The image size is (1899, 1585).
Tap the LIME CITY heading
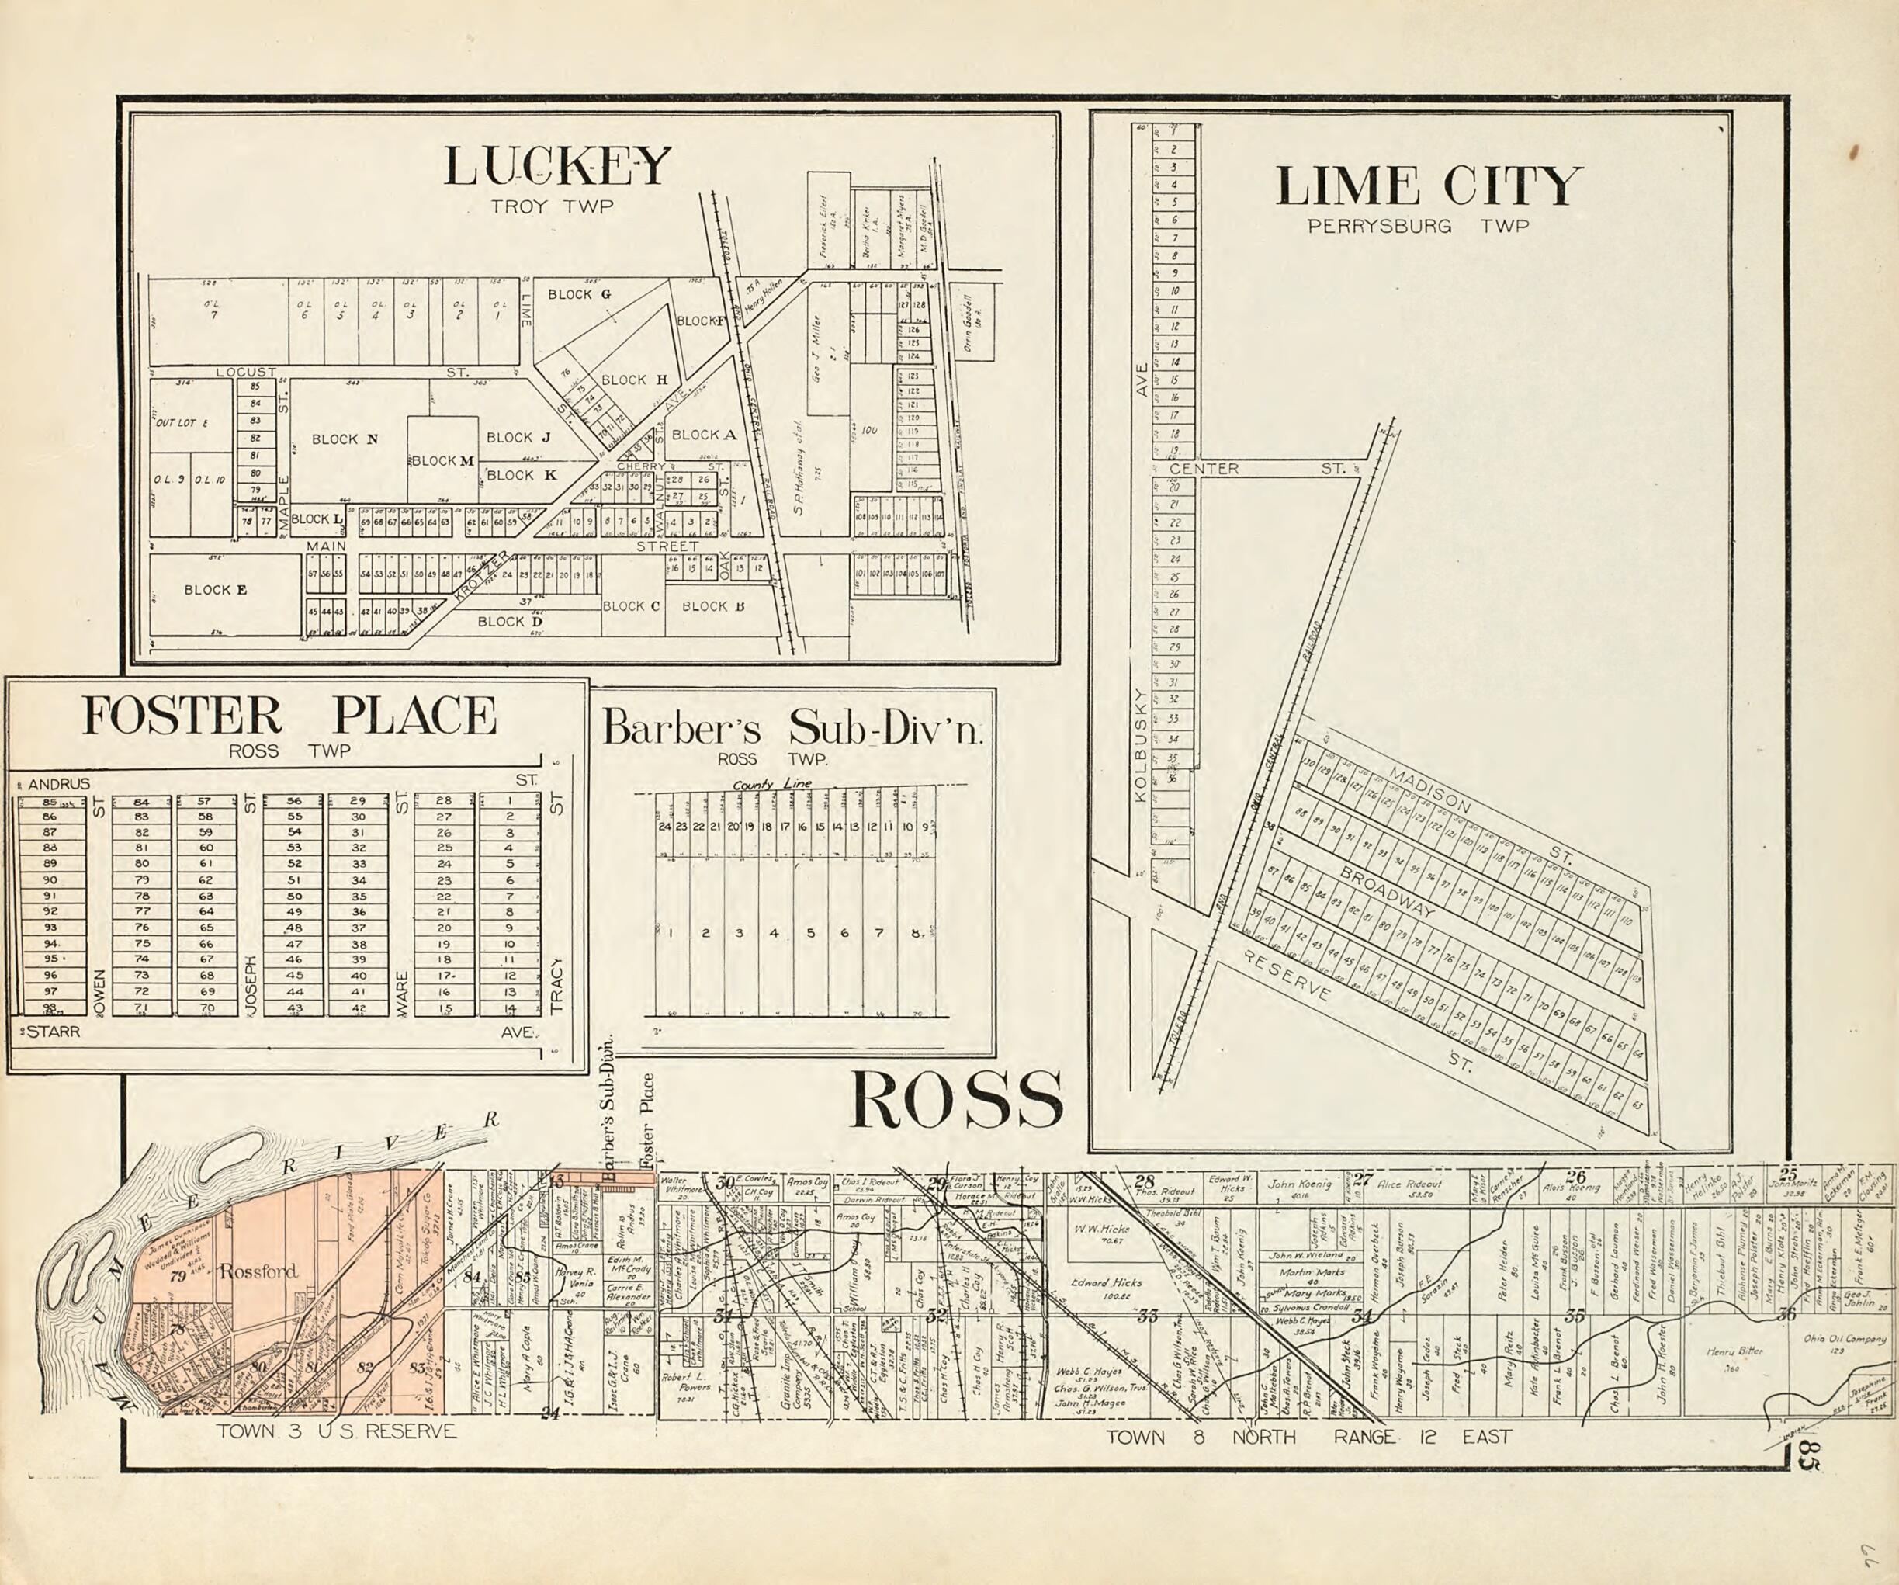pyautogui.click(x=1429, y=186)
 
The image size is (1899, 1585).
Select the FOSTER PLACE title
pyautogui.click(x=289, y=716)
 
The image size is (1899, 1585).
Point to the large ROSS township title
pyautogui.click(x=956, y=1099)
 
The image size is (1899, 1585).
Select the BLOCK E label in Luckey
pyautogui.click(x=215, y=590)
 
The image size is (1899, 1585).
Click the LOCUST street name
pyautogui.click(x=246, y=372)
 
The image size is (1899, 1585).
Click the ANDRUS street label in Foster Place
pyautogui.click(x=59, y=785)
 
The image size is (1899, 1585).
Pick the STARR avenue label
pyautogui.click(x=53, y=1032)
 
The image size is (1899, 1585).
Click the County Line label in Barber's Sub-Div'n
pyautogui.click(x=772, y=786)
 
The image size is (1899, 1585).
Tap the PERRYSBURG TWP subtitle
pyautogui.click(x=1417, y=226)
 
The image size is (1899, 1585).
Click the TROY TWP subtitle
pyautogui.click(x=552, y=207)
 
